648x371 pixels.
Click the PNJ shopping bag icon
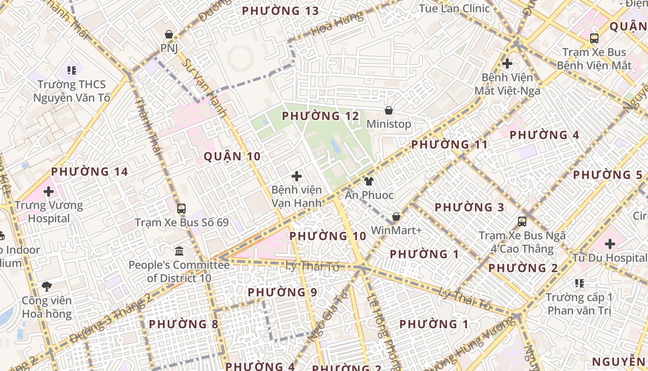(x=169, y=34)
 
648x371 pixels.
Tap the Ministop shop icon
(x=389, y=110)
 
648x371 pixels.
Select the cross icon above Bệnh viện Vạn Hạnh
(x=297, y=176)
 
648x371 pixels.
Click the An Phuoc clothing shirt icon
(x=369, y=181)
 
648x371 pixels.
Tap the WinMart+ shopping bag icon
(x=396, y=217)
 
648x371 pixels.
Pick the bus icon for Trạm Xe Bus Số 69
(x=181, y=209)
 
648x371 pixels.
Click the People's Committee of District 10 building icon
(x=179, y=251)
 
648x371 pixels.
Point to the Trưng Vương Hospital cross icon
(x=49, y=191)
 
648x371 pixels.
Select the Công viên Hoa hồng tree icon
(x=47, y=287)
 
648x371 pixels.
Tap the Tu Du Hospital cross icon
(x=610, y=244)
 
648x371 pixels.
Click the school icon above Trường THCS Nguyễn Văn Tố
(x=72, y=70)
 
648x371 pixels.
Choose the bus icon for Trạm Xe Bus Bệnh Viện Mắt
(x=594, y=38)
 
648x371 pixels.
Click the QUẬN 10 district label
(x=232, y=157)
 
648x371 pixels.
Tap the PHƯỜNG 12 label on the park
(x=320, y=116)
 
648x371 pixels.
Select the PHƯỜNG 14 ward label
(x=89, y=172)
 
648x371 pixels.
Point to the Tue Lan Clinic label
(x=454, y=8)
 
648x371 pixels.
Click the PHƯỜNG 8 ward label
(x=183, y=324)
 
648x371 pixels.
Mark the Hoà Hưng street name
(x=336, y=24)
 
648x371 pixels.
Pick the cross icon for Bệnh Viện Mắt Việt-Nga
(x=507, y=63)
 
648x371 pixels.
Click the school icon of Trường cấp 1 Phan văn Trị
(x=579, y=283)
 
